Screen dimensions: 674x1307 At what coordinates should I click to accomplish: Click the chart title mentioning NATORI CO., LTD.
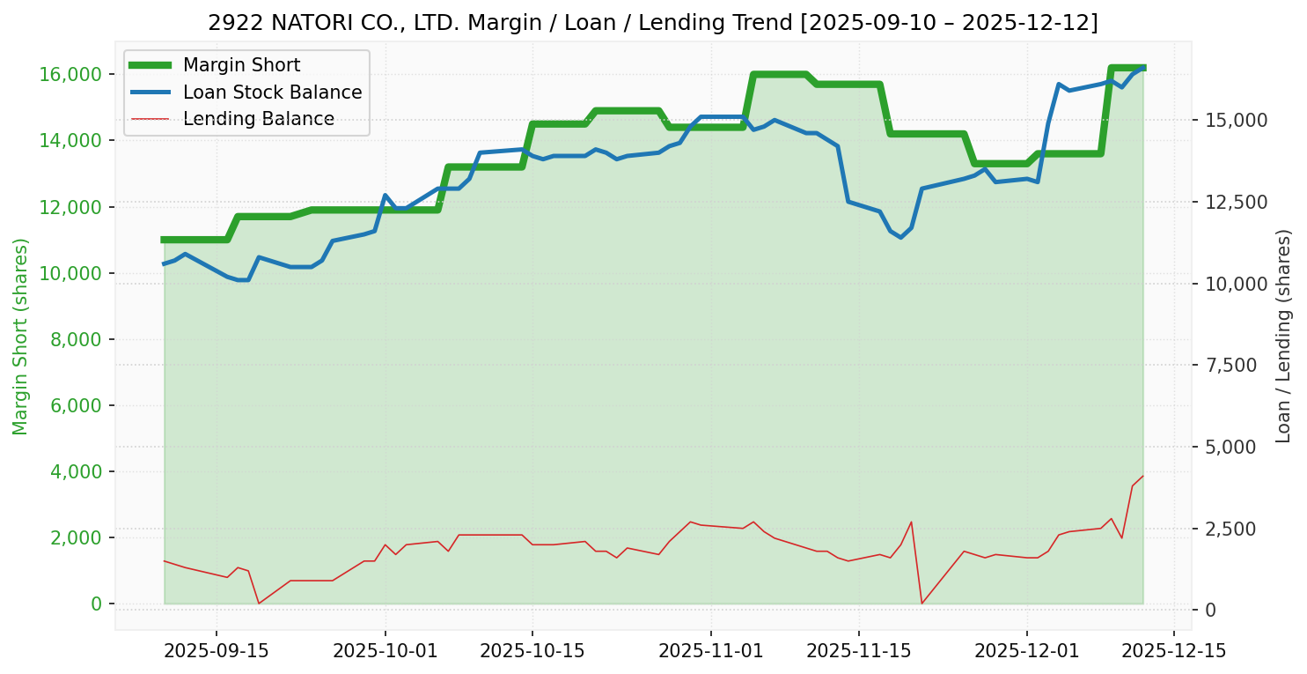[x=652, y=23]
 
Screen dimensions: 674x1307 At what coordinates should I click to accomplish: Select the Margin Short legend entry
[x=241, y=65]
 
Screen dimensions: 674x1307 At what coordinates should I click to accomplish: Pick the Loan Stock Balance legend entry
[x=272, y=93]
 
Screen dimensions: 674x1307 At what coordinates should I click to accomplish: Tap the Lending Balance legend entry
[x=258, y=119]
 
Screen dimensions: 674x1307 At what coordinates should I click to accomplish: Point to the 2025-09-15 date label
[x=217, y=652]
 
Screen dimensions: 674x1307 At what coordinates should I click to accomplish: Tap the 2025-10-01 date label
[x=385, y=652]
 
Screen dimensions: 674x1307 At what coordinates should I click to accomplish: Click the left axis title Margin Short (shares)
[x=20, y=337]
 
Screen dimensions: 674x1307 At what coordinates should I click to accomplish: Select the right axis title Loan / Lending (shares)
[x=1283, y=336]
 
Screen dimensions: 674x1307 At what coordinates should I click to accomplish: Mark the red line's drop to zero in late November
[x=922, y=604]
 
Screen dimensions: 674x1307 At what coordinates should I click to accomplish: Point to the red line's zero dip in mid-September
[x=258, y=604]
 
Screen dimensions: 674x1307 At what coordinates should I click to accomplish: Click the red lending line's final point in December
[x=1142, y=477]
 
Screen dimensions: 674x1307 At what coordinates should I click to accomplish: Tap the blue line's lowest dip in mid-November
[x=900, y=237]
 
